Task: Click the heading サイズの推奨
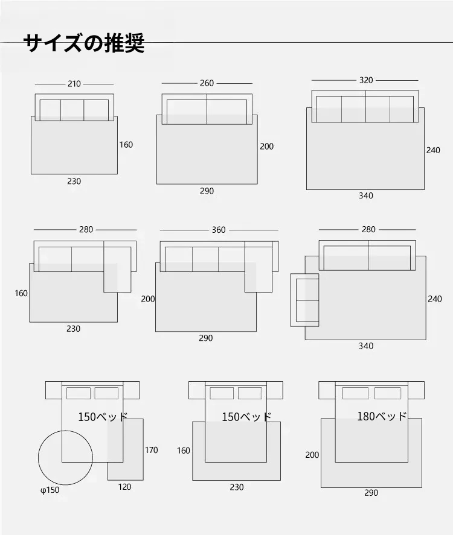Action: (84, 43)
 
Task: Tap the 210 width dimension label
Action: (74, 84)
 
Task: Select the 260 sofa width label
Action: (207, 83)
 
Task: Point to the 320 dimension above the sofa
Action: (366, 80)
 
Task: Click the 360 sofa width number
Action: (219, 230)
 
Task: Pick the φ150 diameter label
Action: (50, 490)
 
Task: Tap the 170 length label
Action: (152, 450)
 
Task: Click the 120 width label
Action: (124, 487)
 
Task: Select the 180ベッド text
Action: (382, 416)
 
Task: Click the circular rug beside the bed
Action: (38, 458)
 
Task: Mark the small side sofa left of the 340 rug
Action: (304, 300)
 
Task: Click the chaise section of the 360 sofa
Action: (259, 267)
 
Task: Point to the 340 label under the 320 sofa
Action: (366, 195)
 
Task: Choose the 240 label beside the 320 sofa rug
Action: (433, 150)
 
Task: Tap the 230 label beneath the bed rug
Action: (237, 487)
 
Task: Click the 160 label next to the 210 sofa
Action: (126, 145)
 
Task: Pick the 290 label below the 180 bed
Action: (371, 493)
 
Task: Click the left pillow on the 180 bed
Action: (355, 393)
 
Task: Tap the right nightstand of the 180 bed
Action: (416, 390)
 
